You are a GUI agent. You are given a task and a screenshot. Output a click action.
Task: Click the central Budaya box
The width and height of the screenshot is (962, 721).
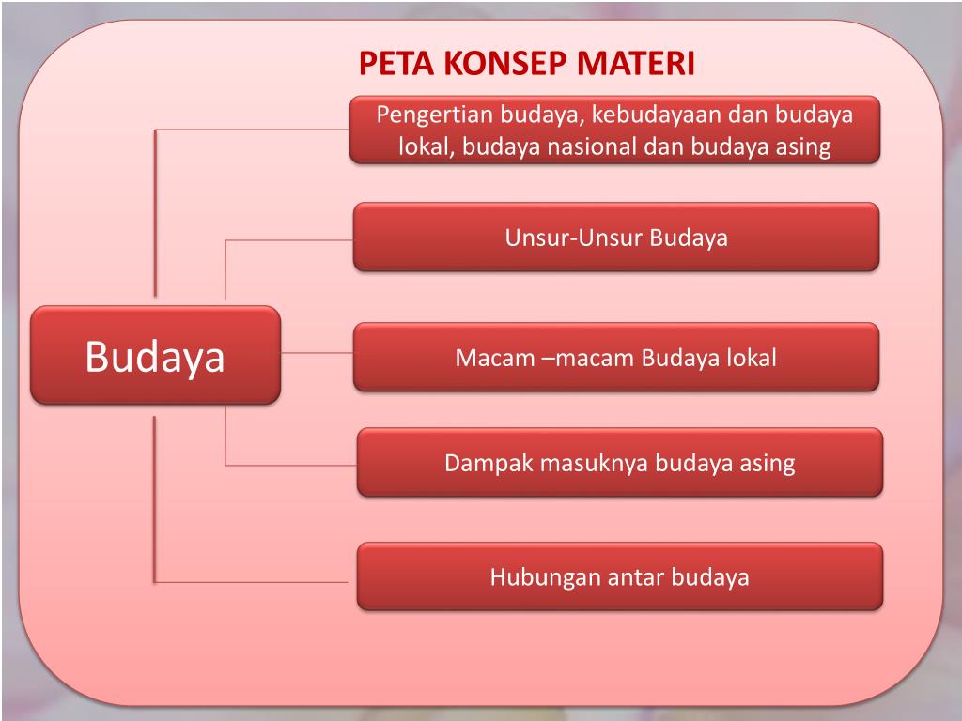coord(155,356)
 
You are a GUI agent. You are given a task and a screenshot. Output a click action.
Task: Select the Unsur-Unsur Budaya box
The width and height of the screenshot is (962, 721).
coord(616,238)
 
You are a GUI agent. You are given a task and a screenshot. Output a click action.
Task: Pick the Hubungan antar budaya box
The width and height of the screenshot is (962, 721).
coord(619,576)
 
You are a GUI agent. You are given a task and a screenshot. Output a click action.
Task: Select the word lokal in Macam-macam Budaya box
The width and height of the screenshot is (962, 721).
coord(751,358)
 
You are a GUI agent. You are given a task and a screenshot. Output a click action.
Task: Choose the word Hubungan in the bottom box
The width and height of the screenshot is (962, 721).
coord(531,576)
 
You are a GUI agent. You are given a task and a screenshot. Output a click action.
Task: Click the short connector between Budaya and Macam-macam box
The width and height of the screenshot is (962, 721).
coord(317,353)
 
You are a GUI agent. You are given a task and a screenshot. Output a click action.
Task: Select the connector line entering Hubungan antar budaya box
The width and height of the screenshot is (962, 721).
coord(254,582)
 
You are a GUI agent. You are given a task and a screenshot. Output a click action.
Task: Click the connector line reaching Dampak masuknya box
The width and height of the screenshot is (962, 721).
coord(291,466)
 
